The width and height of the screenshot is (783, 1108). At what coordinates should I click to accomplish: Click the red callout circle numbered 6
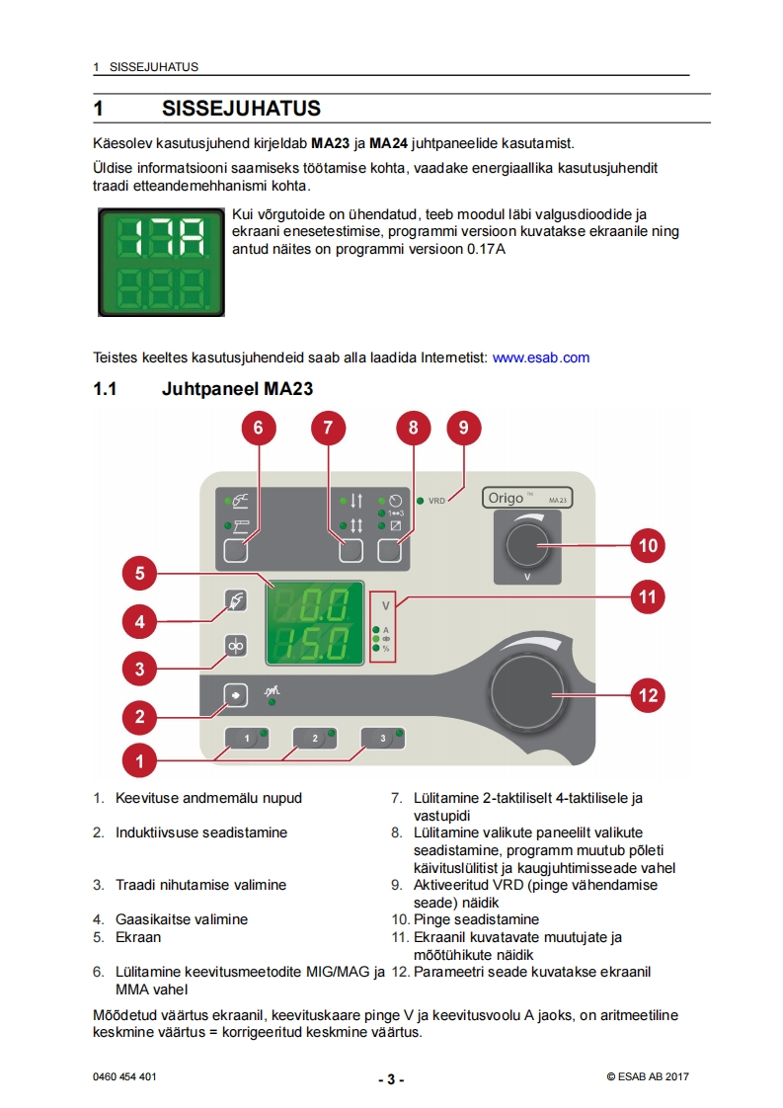(x=259, y=428)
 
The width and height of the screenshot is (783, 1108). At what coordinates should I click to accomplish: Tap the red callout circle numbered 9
(x=463, y=428)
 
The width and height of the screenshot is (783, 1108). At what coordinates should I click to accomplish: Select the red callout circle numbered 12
(x=648, y=694)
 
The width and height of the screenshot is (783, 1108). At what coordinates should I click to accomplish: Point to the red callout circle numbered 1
(x=140, y=760)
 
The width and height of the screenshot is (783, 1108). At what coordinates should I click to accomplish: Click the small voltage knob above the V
(x=528, y=545)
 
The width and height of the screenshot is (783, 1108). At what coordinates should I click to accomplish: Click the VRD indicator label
(x=436, y=501)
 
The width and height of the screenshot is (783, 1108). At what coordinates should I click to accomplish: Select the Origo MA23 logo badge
(x=527, y=498)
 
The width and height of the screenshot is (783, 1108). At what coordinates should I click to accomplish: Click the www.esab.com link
(x=540, y=357)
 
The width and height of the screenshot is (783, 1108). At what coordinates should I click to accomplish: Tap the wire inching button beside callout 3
(x=236, y=645)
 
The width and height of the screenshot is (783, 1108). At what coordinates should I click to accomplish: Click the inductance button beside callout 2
(x=236, y=694)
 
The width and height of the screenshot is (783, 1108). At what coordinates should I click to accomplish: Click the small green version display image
(x=161, y=262)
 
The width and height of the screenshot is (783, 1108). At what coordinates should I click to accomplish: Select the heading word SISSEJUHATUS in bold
(x=241, y=107)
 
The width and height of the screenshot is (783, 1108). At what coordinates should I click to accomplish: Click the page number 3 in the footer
(x=391, y=1078)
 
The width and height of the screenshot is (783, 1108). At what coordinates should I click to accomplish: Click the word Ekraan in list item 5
(x=138, y=937)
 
